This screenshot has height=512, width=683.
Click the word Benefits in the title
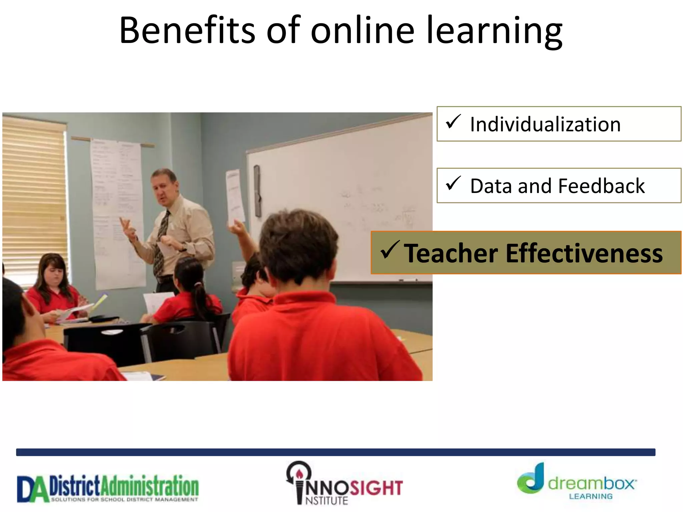tap(187, 31)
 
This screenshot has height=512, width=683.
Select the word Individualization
tap(545, 124)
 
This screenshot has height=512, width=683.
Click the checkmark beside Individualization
tap(453, 122)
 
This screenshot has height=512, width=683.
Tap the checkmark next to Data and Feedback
tap(453, 183)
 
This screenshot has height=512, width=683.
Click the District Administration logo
tap(108, 488)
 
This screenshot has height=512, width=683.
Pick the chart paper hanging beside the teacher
tap(117, 213)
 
